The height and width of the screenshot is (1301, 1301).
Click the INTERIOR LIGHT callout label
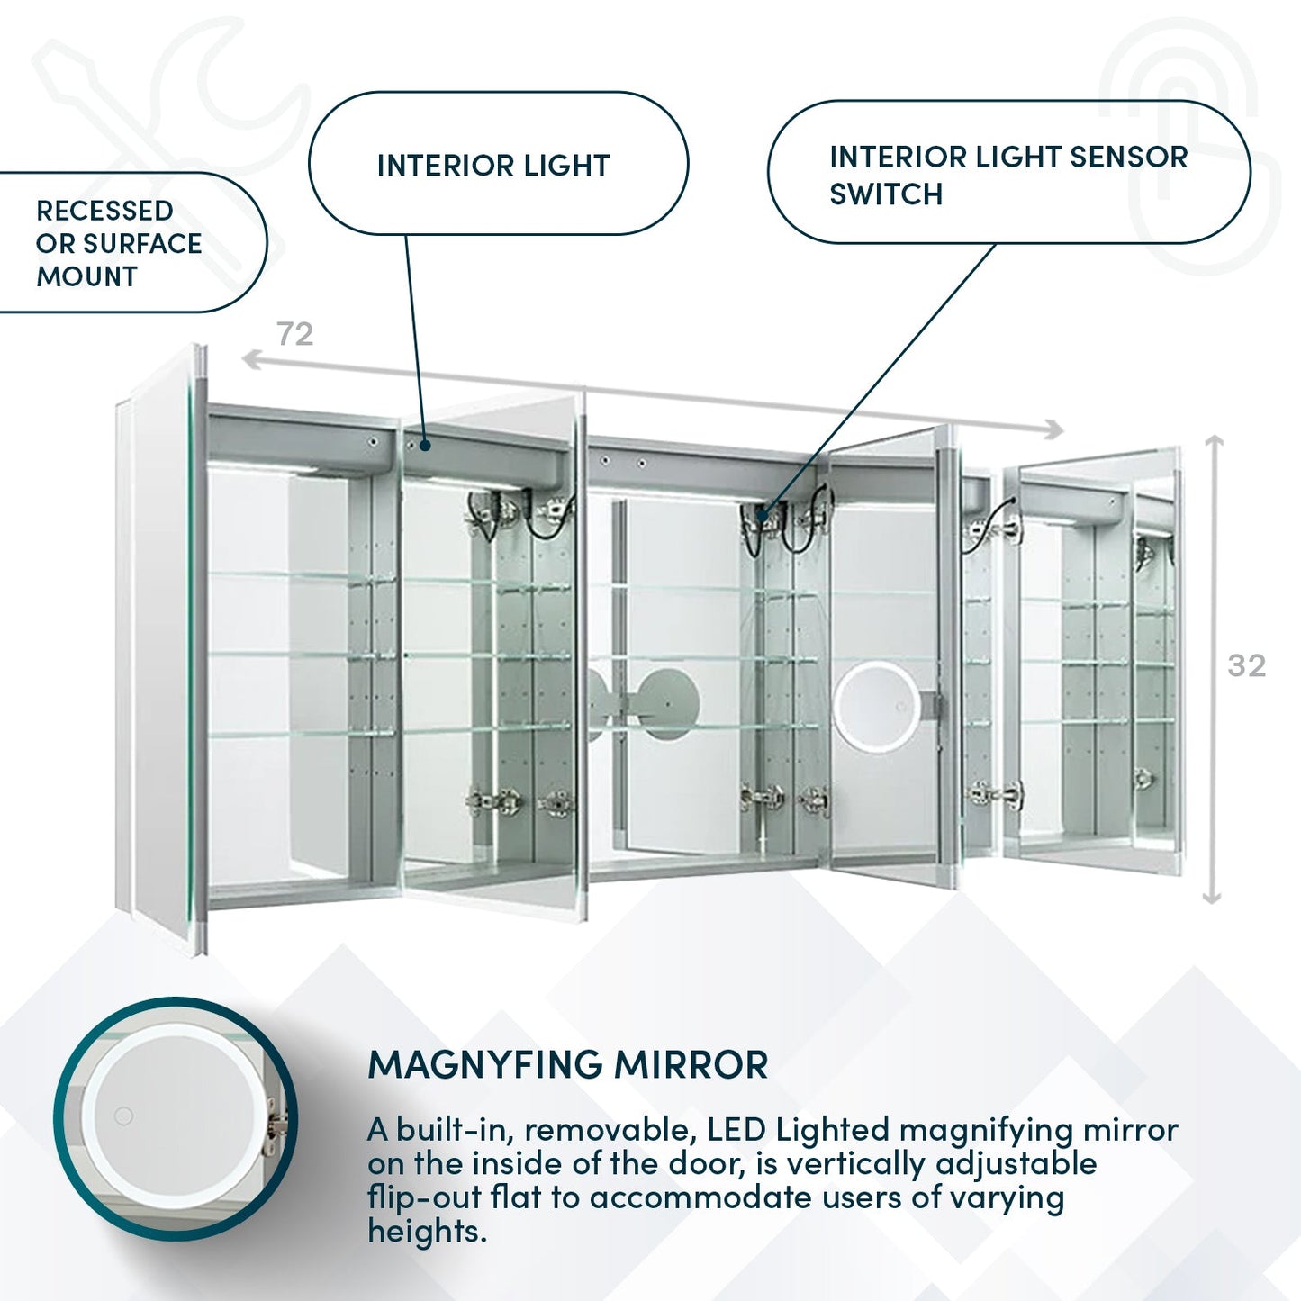pos(493,166)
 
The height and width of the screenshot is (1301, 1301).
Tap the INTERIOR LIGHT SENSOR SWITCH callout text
pos(1007,175)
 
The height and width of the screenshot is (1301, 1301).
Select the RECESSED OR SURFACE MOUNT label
pos(118,244)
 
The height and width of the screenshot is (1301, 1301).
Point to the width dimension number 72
pos(295,334)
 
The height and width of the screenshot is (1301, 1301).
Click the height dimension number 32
pos(1246,665)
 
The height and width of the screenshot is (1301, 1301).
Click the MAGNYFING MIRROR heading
pos(567,1065)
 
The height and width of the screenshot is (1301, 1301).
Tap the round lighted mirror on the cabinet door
pos(876,705)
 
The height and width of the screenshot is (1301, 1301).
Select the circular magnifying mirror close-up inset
pos(176,1118)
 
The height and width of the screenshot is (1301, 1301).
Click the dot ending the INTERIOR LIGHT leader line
pos(425,445)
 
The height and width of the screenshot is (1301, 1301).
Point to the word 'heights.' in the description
pos(427,1231)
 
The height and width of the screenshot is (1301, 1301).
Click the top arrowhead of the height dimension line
pos(1214,441)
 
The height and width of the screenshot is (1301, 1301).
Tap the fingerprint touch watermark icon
pos(1188,144)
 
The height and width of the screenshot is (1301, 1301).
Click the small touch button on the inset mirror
pos(123,1116)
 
